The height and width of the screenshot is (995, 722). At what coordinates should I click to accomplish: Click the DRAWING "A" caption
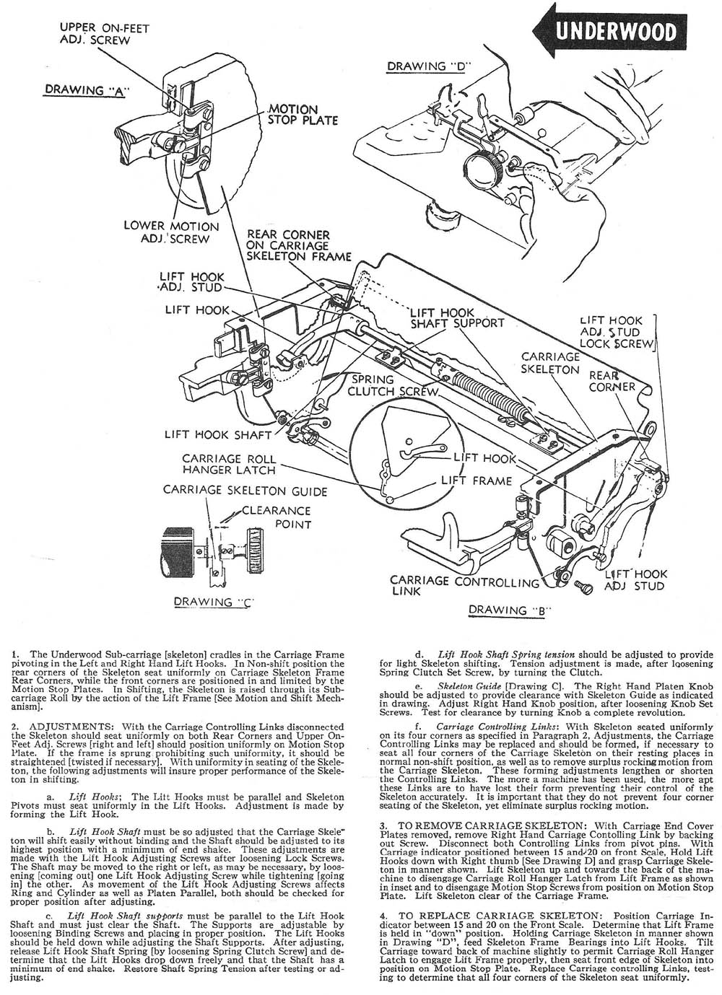pyautogui.click(x=85, y=90)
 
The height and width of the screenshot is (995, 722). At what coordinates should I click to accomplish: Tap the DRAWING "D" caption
pyautogui.click(x=429, y=66)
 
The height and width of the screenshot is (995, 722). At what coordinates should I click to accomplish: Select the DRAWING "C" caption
pyautogui.click(x=212, y=601)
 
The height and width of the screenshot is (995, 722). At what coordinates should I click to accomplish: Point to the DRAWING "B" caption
pyautogui.click(x=510, y=610)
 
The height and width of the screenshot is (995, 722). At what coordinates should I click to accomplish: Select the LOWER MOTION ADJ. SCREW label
pyautogui.click(x=171, y=232)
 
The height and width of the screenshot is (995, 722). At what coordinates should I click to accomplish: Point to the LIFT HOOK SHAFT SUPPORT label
pyautogui.click(x=456, y=317)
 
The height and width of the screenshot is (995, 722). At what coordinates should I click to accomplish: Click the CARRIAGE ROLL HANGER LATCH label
pyautogui.click(x=228, y=464)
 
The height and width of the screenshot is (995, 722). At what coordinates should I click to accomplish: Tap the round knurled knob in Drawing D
pyautogui.click(x=479, y=170)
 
